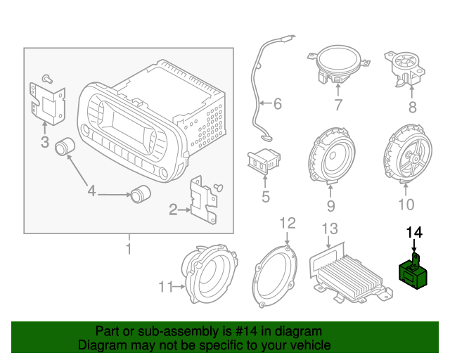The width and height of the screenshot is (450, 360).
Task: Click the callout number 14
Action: (x=414, y=231)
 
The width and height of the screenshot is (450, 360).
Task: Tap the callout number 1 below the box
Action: (x=129, y=248)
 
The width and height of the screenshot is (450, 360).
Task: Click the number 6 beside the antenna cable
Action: (x=276, y=105)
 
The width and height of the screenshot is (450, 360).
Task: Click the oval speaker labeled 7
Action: (x=336, y=64)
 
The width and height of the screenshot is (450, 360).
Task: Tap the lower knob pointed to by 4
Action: (x=141, y=193)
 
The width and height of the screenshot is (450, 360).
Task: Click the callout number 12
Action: (x=288, y=223)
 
